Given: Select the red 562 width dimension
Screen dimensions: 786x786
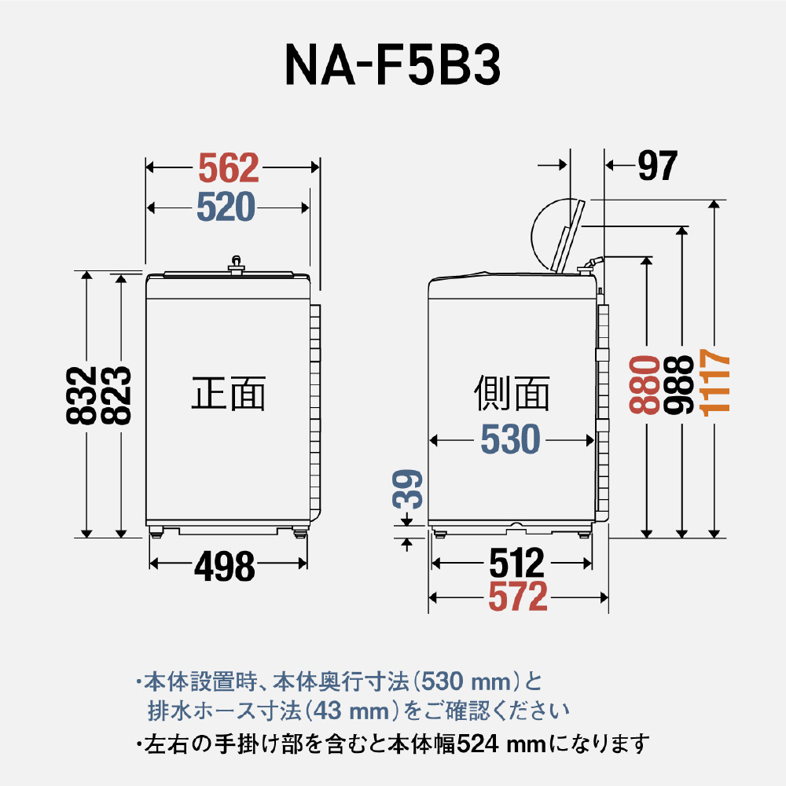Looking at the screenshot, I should (x=228, y=167).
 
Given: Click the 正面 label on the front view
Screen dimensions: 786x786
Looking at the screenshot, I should (x=229, y=393).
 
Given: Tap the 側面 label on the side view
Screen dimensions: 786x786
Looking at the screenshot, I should (x=512, y=393).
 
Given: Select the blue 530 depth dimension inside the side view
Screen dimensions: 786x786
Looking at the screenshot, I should (x=511, y=440).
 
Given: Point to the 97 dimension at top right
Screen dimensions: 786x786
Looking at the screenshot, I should (x=657, y=165).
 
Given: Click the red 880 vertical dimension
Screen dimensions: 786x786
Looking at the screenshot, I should (x=644, y=384).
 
